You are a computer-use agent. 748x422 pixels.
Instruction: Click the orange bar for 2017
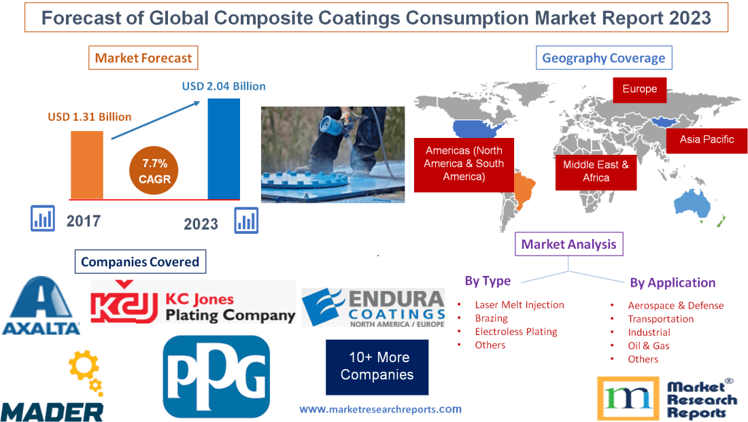coord(87,164)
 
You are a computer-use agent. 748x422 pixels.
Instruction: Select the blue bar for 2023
coord(224,149)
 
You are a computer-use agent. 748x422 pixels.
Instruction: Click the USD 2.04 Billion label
coord(224,86)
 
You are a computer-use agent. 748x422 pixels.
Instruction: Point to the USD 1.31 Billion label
coord(90,117)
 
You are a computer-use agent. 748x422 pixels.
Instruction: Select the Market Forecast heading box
coord(143,58)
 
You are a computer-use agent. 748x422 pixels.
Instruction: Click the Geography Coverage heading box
coord(604,58)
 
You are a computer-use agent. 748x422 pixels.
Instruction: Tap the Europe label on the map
coord(639,89)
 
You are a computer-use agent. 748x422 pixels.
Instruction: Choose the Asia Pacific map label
coord(707,139)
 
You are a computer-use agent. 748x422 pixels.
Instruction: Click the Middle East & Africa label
coord(596,171)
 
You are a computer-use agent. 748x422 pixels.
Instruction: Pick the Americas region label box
coord(464,163)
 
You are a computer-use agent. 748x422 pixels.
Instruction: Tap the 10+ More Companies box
coord(377,366)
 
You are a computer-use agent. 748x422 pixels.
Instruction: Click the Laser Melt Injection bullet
coord(520,304)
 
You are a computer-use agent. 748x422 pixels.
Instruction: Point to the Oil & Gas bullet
coord(648,345)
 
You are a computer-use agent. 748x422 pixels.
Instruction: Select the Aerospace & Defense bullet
coord(675,305)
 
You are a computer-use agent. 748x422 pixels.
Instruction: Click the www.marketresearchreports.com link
coord(380,409)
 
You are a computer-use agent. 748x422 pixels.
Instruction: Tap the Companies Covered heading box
coord(140,262)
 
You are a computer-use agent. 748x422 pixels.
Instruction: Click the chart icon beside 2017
coord(42,218)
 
